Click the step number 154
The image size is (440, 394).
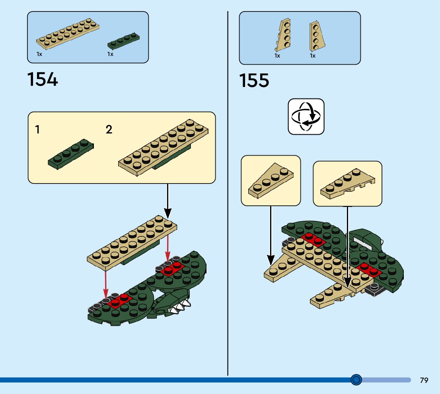(43, 79)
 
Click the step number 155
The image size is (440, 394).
(254, 81)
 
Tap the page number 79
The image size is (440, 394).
(424, 380)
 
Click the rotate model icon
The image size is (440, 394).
(306, 117)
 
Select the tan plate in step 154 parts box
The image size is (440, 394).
(67, 34)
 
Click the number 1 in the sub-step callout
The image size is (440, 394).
(37, 129)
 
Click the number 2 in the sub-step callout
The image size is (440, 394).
(109, 129)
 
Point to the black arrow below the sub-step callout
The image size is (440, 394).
(168, 201)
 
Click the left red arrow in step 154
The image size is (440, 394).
(106, 282)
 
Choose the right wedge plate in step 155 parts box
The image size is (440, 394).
(316, 36)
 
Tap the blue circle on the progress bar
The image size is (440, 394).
(356, 380)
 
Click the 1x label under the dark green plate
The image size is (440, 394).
(110, 54)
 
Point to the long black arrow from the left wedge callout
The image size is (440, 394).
(271, 234)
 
